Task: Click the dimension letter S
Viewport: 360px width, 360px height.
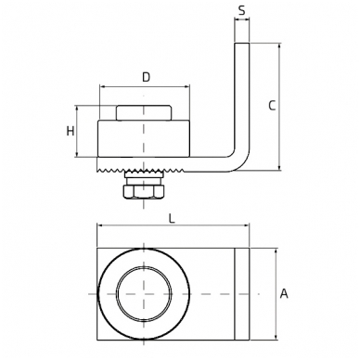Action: (x=242, y=10)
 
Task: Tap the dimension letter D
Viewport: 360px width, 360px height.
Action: (x=146, y=77)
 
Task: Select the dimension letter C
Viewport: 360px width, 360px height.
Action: (x=272, y=106)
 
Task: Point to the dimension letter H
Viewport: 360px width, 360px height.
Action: (x=71, y=132)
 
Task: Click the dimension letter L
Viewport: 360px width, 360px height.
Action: (x=172, y=219)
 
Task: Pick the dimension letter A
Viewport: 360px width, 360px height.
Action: (x=284, y=293)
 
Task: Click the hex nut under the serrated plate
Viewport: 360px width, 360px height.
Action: (x=144, y=192)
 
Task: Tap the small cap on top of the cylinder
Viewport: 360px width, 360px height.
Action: (x=144, y=113)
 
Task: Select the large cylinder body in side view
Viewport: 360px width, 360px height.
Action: (x=144, y=138)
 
